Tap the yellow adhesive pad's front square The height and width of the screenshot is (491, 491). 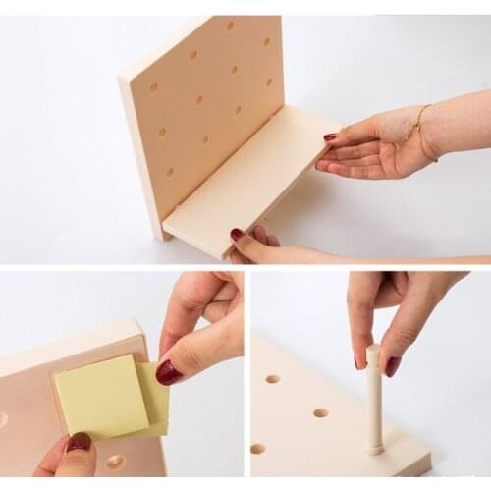click(x=100, y=397)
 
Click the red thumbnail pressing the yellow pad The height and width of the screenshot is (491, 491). click(x=168, y=372)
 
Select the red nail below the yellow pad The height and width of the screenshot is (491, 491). click(x=79, y=443)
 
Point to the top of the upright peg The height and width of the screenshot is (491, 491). click(x=373, y=352)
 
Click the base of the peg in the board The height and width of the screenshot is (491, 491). click(x=374, y=447)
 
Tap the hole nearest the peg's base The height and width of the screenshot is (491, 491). click(x=321, y=412)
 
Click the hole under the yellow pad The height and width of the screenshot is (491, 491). click(x=115, y=461)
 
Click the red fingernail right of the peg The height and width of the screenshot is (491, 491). click(x=392, y=366)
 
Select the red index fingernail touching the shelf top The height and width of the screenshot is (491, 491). click(x=330, y=137)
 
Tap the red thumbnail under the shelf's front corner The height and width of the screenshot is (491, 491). click(x=237, y=235)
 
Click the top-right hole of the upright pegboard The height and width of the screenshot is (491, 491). click(x=266, y=42)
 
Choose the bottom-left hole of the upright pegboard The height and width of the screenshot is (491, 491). click(x=169, y=172)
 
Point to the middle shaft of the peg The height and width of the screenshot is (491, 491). click(x=374, y=403)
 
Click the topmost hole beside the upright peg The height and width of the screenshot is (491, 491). click(x=272, y=378)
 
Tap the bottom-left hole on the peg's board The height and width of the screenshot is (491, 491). click(x=257, y=449)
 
